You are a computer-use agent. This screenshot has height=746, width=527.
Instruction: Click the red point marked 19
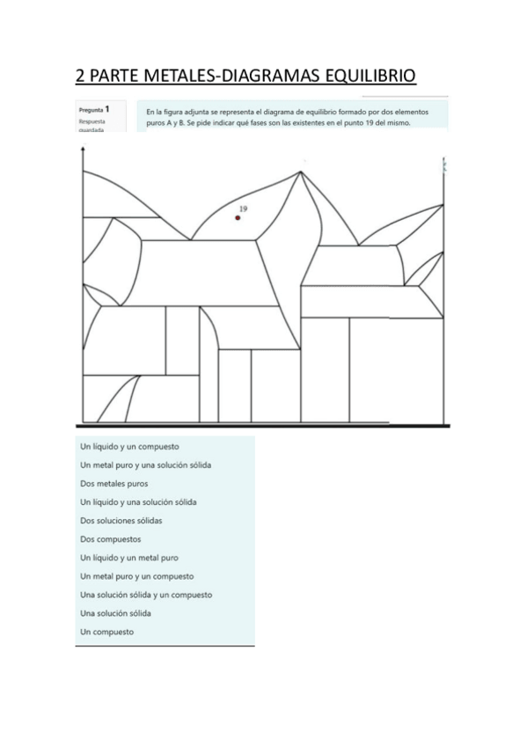tap(238, 218)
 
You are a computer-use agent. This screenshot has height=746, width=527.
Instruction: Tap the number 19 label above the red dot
tap(242, 209)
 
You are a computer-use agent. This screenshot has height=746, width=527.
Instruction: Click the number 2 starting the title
tap(81, 76)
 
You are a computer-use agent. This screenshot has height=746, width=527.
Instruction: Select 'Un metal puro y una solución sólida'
tap(145, 464)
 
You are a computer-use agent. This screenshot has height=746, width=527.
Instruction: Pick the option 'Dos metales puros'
tap(113, 483)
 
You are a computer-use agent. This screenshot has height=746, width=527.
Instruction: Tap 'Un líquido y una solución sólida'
tap(138, 501)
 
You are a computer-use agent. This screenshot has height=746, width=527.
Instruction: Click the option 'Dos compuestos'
tap(110, 538)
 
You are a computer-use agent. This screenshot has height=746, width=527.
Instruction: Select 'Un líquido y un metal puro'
tap(129, 557)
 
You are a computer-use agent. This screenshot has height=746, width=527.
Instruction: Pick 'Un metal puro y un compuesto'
tap(136, 575)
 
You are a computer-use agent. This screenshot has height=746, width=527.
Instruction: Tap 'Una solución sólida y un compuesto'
tap(146, 594)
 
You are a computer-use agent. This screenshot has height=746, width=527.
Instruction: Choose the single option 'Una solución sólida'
tap(115, 612)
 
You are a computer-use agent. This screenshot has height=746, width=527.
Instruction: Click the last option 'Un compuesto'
tap(106, 631)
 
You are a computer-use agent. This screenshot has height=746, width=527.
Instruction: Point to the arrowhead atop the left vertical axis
tap(82, 150)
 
